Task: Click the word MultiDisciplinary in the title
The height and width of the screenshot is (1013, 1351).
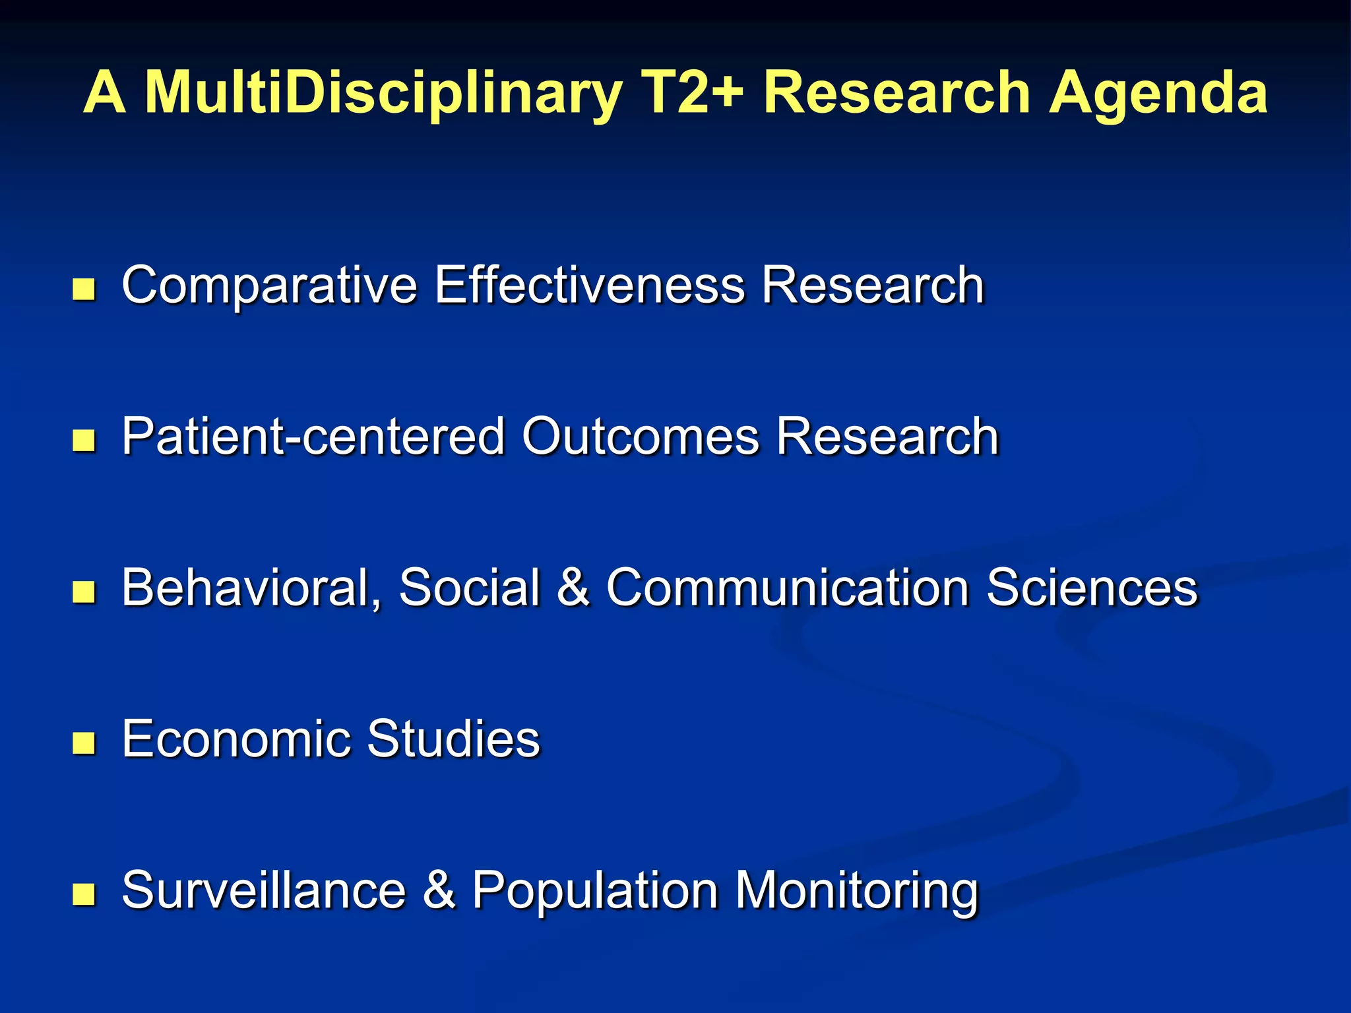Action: click(383, 94)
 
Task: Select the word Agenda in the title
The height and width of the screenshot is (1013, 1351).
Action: click(1158, 94)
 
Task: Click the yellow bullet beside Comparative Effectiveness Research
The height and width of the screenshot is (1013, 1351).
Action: click(84, 289)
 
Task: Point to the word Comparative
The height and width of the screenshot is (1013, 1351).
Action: click(269, 286)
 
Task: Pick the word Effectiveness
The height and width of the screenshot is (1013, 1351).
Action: click(589, 285)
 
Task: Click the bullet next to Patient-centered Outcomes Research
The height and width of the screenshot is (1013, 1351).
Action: click(84, 441)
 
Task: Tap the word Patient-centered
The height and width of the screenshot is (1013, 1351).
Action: click(313, 437)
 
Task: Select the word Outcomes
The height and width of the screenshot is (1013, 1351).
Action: click(641, 437)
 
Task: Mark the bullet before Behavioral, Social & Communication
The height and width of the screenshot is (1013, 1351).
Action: click(84, 592)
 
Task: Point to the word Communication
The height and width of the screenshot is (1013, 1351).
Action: click(788, 588)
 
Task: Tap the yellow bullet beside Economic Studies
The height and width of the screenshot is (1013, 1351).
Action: click(84, 743)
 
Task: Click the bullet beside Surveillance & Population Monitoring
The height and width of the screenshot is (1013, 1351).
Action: click(84, 894)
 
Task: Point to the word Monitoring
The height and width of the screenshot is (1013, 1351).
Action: click(856, 892)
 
